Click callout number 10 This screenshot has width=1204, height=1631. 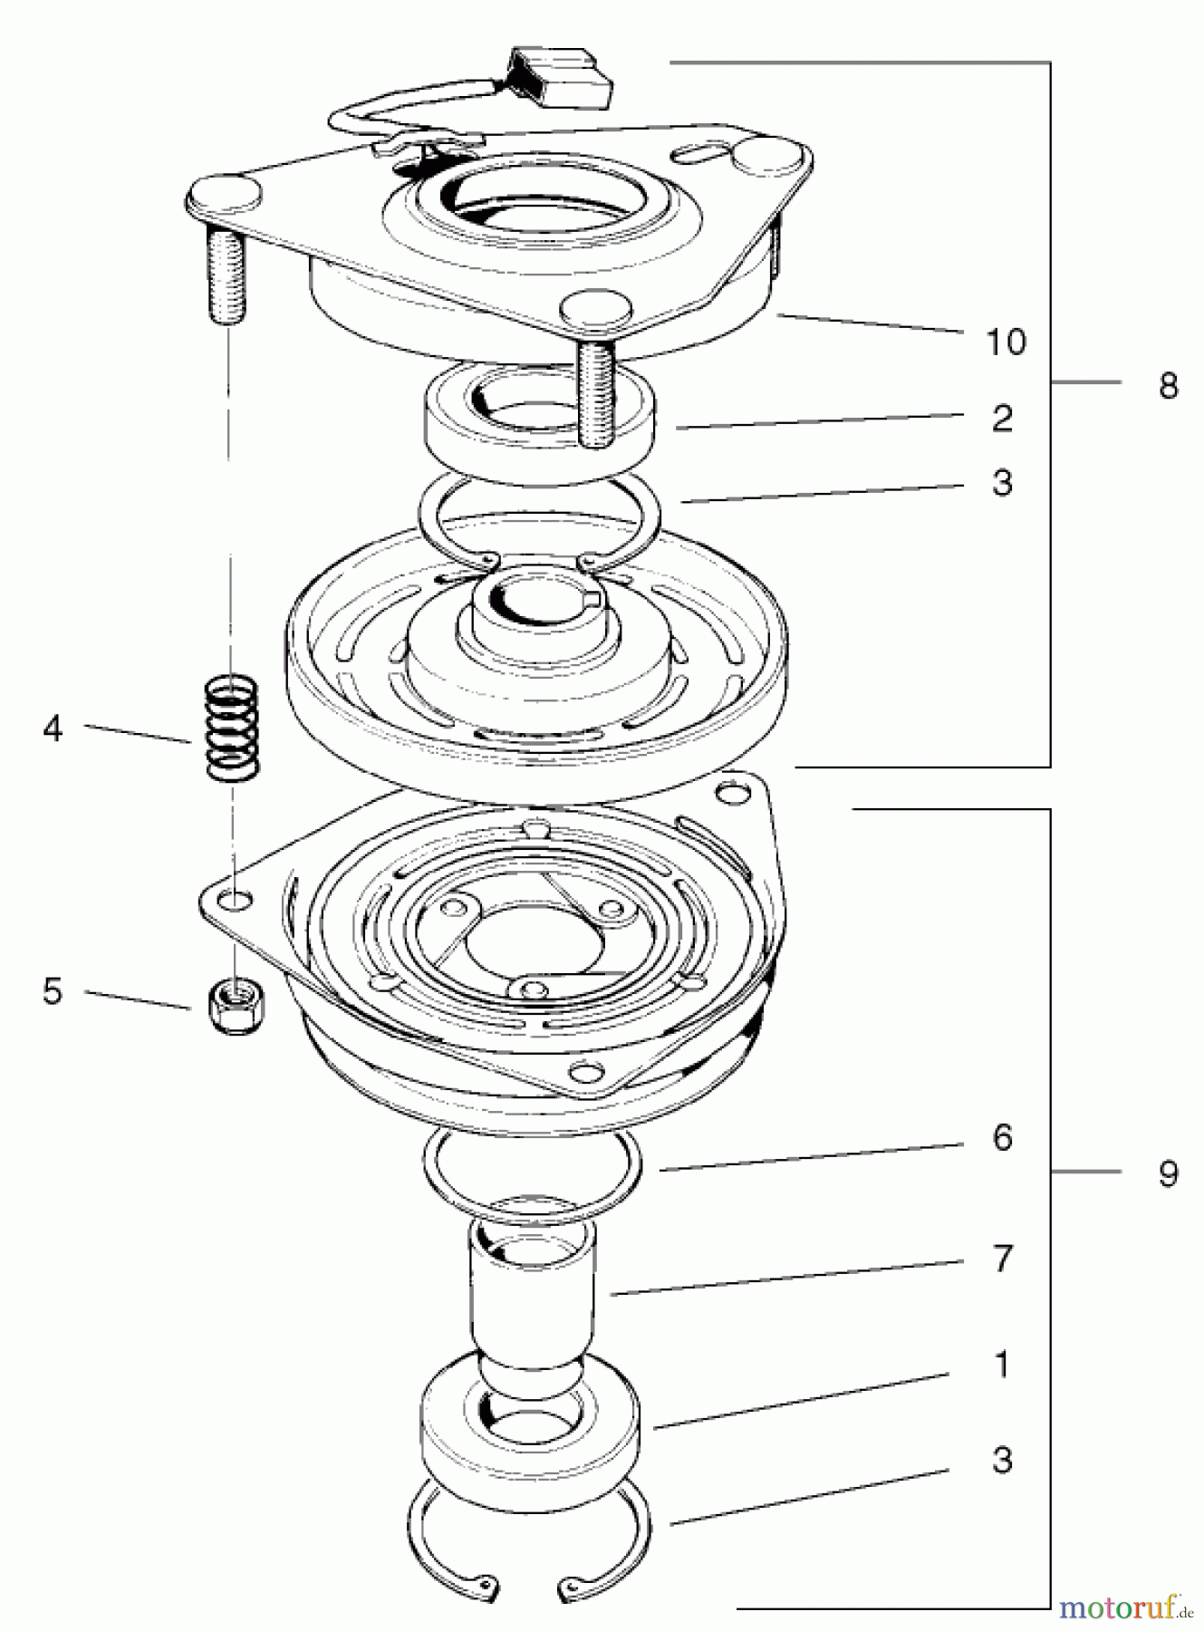1005,343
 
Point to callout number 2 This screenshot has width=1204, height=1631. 1001,419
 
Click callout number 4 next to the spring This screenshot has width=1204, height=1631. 53,728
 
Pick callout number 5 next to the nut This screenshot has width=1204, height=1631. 53,991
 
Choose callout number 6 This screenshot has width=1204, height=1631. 1001,1138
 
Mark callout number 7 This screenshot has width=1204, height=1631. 1001,1259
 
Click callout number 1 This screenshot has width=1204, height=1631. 1001,1365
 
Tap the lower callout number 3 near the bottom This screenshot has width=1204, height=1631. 1001,1461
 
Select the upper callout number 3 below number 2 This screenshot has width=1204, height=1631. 1001,483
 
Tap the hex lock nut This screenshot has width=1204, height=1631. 233,999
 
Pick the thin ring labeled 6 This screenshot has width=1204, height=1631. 533,1173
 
